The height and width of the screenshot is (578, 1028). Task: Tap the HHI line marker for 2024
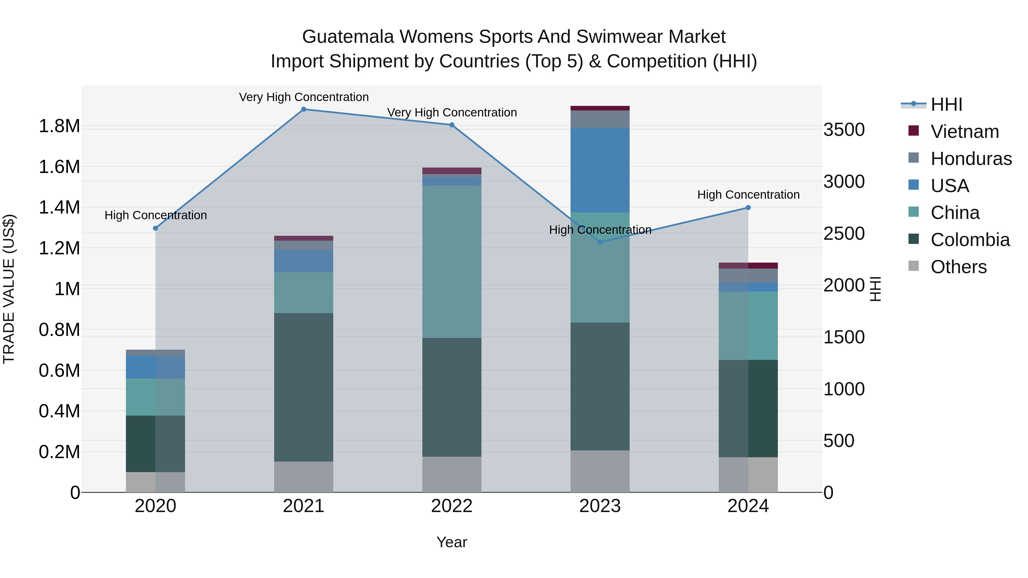748,208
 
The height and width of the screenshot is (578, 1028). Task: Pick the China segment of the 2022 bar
452,262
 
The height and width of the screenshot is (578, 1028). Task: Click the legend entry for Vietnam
965,132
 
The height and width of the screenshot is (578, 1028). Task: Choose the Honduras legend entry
971,159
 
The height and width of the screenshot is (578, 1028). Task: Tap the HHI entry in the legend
946,104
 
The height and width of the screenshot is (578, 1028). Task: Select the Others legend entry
958,267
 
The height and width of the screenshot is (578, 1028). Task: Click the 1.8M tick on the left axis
59,126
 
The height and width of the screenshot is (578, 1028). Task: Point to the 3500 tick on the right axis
844,130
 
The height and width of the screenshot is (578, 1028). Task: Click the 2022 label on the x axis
452,506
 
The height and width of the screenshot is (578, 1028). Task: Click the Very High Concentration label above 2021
304,97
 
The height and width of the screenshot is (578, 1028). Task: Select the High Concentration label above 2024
748,195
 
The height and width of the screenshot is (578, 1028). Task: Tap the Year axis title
452,542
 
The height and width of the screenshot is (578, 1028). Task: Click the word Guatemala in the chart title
348,37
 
